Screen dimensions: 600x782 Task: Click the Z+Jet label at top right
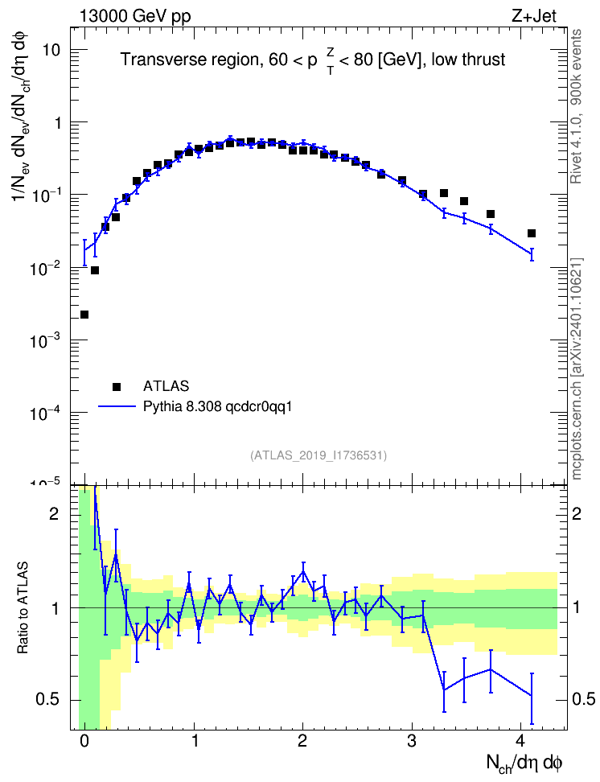click(534, 16)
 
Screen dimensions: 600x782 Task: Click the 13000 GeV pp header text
click(135, 16)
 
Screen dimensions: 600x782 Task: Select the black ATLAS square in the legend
click(117, 386)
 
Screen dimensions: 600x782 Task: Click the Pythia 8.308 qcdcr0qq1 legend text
click(217, 406)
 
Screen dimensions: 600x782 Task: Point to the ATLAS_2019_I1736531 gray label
click(318, 455)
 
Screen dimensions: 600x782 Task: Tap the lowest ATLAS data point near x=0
click(84, 315)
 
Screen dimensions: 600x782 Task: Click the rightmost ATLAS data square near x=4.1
click(532, 233)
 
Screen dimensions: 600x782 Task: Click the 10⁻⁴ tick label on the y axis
click(44, 413)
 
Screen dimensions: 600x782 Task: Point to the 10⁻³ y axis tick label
click(44, 340)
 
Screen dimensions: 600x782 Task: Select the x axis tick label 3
click(412, 741)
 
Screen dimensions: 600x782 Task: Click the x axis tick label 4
click(520, 741)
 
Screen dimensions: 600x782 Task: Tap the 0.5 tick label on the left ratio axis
click(47, 699)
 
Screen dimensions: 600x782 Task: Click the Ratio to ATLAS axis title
click(23, 607)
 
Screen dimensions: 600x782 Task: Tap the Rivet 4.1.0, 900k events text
click(576, 107)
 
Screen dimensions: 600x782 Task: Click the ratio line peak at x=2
click(302, 571)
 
